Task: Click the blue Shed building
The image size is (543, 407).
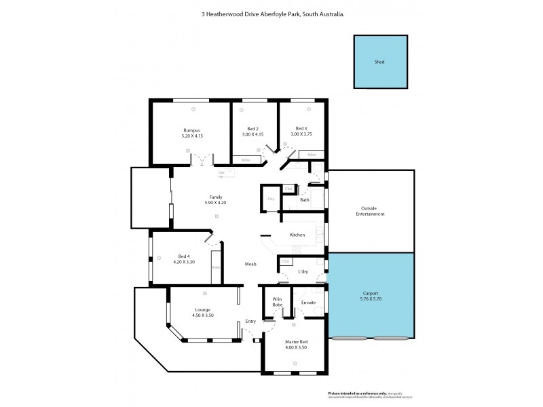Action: (x=379, y=62)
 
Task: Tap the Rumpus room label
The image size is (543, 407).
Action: (x=192, y=130)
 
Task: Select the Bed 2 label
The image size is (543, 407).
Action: (x=252, y=129)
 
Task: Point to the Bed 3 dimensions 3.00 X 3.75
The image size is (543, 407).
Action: (x=301, y=134)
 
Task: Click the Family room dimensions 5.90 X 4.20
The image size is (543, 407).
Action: (x=217, y=201)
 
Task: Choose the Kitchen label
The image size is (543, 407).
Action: (x=297, y=235)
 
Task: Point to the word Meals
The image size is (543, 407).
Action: (x=250, y=263)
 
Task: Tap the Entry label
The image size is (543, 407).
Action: (x=250, y=323)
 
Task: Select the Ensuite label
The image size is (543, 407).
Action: (x=309, y=302)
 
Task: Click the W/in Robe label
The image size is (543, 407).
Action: (x=277, y=303)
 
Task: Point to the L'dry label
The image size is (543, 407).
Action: (x=303, y=272)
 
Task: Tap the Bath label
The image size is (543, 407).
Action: (x=305, y=199)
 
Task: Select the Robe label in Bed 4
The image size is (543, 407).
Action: (x=215, y=267)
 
